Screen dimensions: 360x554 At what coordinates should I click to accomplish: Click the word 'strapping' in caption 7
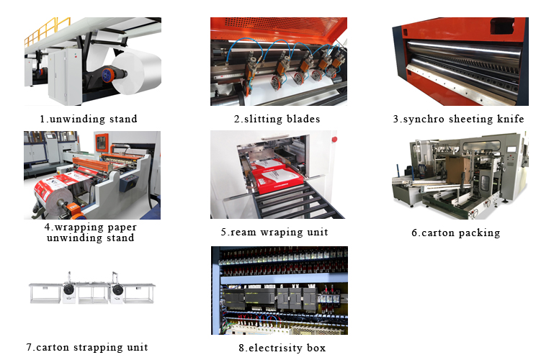99,347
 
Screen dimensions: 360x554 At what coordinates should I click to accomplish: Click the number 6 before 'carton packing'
415,233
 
